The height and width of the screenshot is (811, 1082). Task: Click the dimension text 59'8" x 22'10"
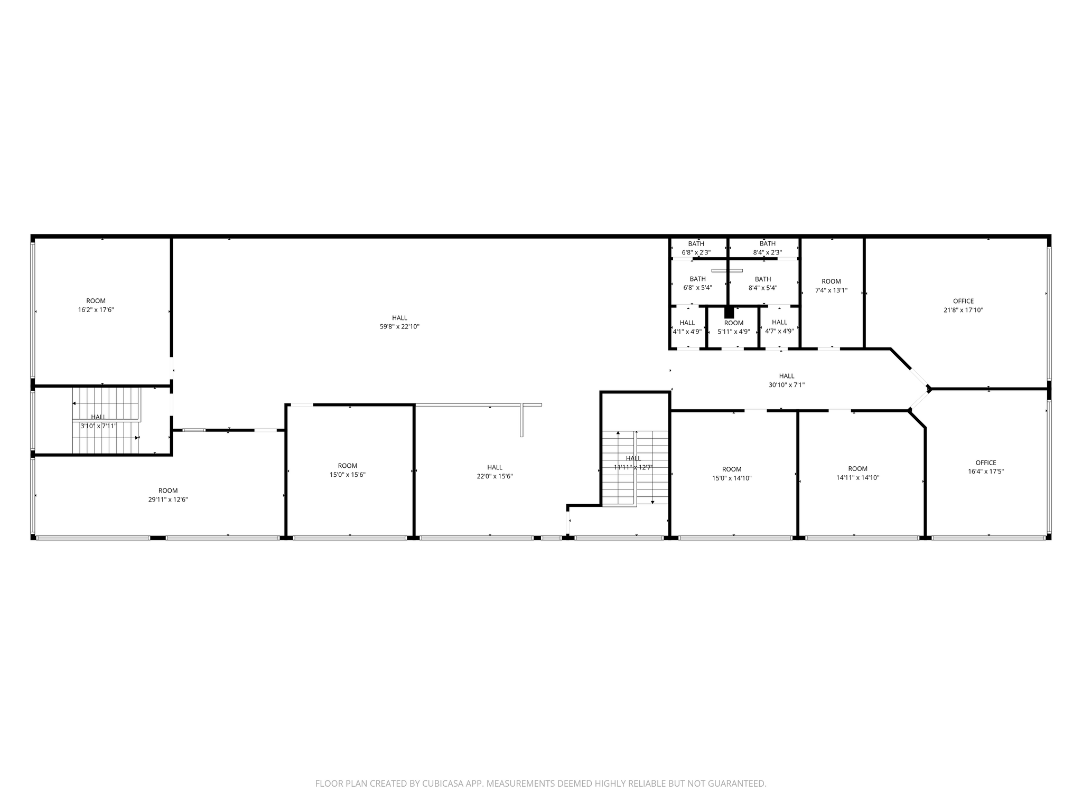pyautogui.click(x=399, y=327)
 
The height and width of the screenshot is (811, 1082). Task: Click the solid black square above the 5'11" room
pyautogui.click(x=729, y=312)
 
